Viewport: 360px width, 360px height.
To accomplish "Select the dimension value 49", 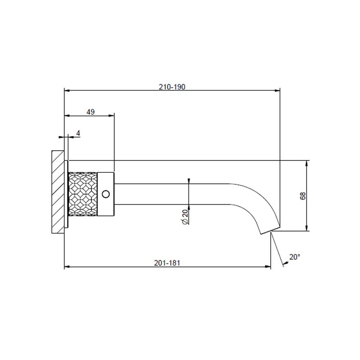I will coord(90,112).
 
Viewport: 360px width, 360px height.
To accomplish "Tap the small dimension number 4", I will coord(78,133).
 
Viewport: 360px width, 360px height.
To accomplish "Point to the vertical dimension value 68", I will coord(302,196).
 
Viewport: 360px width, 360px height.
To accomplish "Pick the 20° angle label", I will coord(294,257).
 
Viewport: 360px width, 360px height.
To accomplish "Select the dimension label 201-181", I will coord(168,263).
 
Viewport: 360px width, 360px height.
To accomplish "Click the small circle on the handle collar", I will coord(106,194).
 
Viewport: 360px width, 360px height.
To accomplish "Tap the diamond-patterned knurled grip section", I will coord(83,194).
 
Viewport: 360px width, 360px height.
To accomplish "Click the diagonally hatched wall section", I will coord(57,191).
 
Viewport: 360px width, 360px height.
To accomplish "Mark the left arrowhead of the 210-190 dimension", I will coord(66,90).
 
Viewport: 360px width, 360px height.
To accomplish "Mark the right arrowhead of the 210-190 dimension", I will coord(278,90).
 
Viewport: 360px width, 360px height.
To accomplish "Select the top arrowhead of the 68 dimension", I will coord(307,163).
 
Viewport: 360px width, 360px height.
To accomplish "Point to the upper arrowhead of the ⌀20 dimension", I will coord(189,181).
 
